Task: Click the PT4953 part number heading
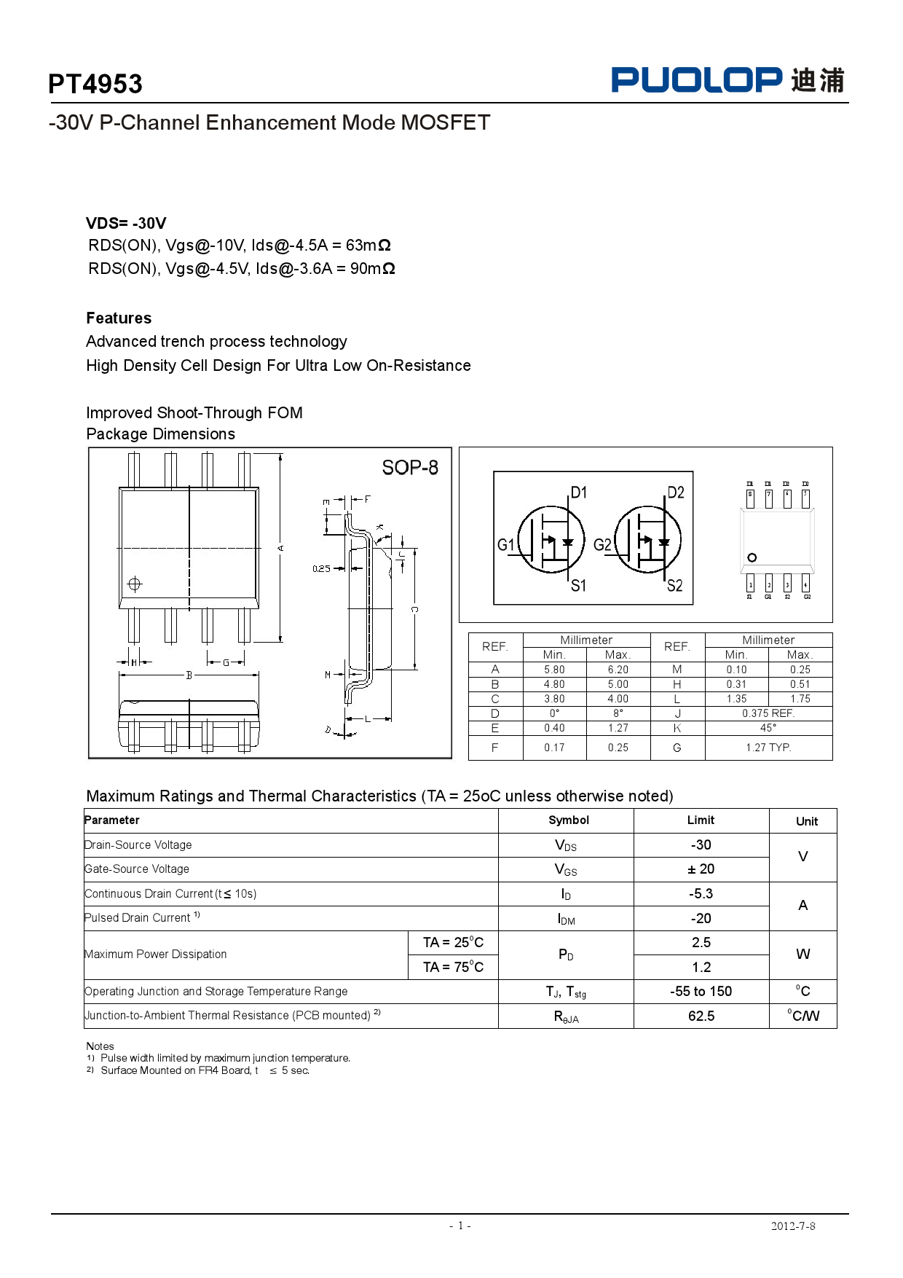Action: click(95, 85)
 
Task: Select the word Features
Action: click(119, 318)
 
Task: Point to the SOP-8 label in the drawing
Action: click(410, 468)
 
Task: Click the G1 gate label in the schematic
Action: click(506, 545)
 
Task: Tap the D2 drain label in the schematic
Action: click(676, 493)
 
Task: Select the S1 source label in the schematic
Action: click(578, 586)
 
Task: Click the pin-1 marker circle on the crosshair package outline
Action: click(135, 584)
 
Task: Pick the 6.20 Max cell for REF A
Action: click(618, 670)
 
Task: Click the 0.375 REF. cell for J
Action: click(768, 713)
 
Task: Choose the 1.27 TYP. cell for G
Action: click(768, 748)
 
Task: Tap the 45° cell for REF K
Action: click(768, 728)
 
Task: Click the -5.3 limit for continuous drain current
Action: click(701, 894)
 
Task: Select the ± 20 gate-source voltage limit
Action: click(701, 869)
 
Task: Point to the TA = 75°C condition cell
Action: click(453, 968)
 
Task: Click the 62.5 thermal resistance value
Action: click(701, 1016)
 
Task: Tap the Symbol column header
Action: click(569, 820)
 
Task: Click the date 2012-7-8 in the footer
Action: click(793, 1226)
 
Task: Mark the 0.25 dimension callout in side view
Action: click(321, 569)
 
